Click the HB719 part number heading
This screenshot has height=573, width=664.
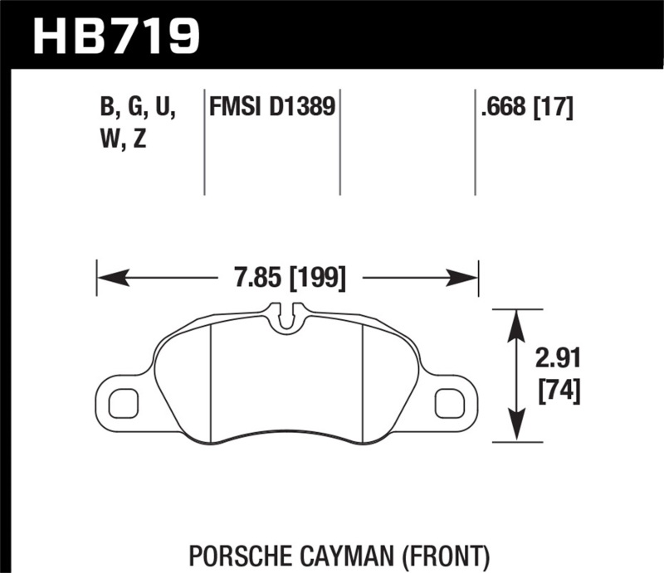(x=115, y=35)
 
